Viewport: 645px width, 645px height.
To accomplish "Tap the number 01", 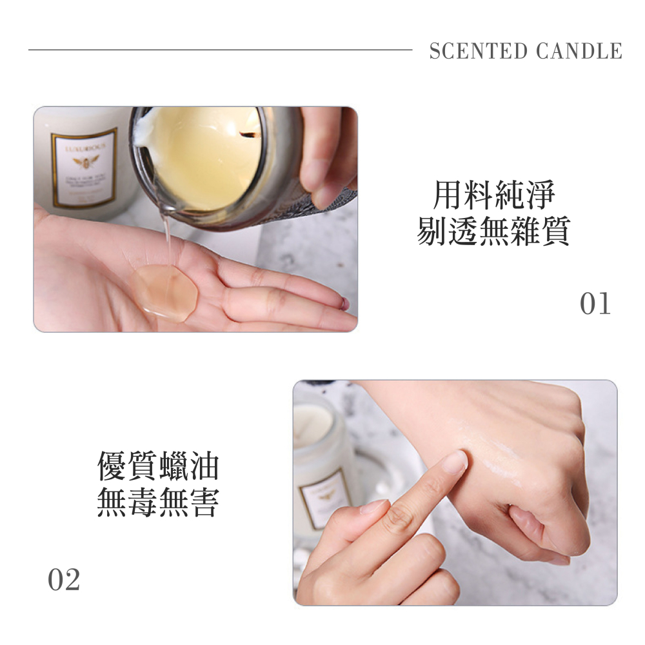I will [595, 304].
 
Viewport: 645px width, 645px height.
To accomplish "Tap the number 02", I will [64, 580].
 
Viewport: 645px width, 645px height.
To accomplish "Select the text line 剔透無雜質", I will [493, 231].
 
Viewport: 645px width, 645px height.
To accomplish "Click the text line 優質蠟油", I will [158, 466].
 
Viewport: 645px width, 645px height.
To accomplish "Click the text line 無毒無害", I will [158, 503].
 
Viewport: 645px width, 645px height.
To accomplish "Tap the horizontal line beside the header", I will [219, 50].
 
